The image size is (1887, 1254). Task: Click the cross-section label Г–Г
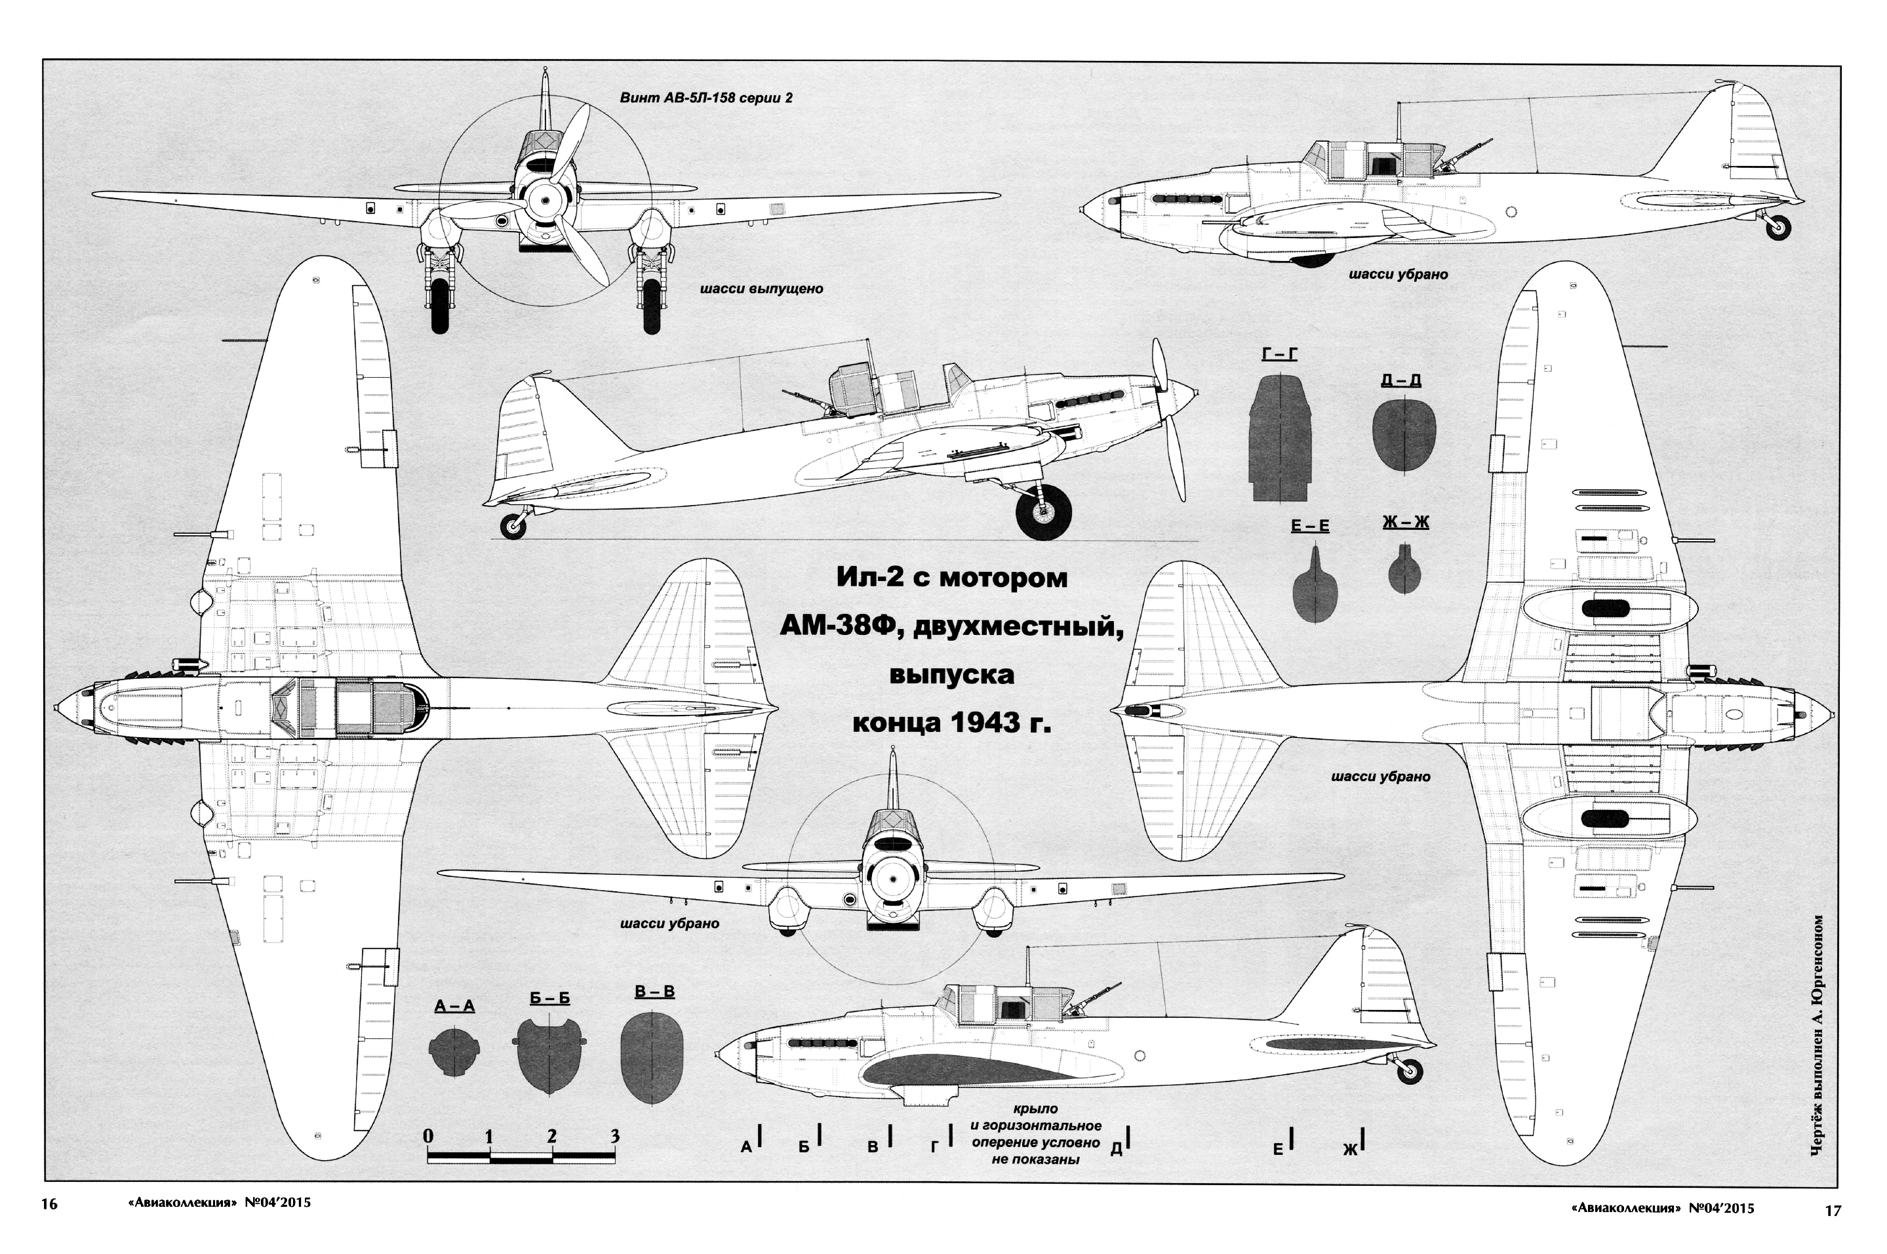pos(1279,355)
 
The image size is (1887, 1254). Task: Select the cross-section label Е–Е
pos(1310,526)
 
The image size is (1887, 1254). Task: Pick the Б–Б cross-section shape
pos(550,1057)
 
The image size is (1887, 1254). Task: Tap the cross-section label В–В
pos(654,992)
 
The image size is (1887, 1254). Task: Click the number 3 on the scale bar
pos(614,1136)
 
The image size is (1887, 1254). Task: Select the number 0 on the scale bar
pos(429,1136)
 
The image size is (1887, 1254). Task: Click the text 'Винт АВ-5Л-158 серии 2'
pos(706,98)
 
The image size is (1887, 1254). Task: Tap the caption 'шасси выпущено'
pos(761,289)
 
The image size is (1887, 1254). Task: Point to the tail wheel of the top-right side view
pos(1778,228)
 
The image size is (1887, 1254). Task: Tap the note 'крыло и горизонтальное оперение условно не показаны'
pos(1035,1134)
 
